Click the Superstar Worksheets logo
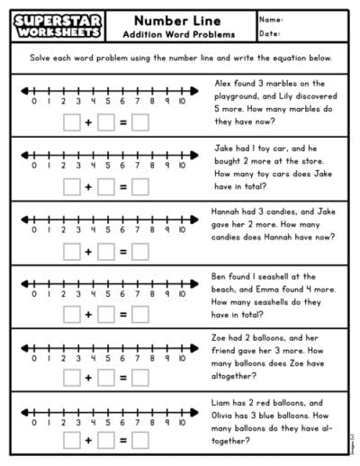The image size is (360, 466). (57, 25)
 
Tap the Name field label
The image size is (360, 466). (271, 18)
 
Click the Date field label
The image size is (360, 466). (270, 33)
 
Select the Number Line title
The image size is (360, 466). (178, 18)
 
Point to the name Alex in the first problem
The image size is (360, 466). (222, 81)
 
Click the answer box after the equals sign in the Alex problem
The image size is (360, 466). (139, 124)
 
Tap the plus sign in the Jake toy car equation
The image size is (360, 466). (88, 187)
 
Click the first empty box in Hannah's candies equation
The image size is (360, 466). (72, 252)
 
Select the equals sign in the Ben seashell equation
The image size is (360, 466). (122, 315)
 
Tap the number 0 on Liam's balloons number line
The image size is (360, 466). (33, 420)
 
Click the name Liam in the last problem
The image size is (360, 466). (223, 403)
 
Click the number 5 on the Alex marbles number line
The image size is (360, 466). (108, 102)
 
